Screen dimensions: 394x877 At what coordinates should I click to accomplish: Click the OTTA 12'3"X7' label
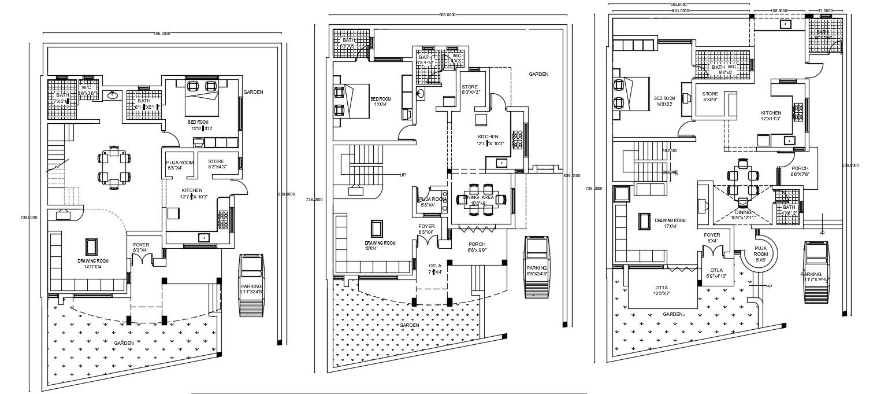click(x=662, y=290)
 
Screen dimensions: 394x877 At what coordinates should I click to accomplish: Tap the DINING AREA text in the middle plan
click(x=478, y=200)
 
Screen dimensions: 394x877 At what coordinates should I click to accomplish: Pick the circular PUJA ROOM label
click(x=761, y=253)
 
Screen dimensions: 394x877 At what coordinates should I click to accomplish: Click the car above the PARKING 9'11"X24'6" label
click(x=251, y=268)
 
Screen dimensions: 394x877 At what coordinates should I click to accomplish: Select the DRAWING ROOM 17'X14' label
click(x=670, y=223)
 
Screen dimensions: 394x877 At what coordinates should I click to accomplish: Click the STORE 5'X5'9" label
click(x=710, y=97)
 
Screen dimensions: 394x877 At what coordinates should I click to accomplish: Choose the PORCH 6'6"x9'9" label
click(x=477, y=247)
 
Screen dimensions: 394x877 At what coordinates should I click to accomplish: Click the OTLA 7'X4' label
click(x=434, y=268)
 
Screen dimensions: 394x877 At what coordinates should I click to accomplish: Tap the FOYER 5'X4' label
click(x=712, y=237)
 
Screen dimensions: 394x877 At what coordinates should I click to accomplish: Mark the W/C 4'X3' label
click(x=456, y=58)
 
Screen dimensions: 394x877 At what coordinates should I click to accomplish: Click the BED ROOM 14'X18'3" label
click(x=664, y=101)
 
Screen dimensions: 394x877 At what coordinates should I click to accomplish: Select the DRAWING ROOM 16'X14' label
click(x=380, y=245)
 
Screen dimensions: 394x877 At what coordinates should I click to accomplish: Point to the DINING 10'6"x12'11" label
click(x=743, y=215)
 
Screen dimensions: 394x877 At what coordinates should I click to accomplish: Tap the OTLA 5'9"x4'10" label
click(x=716, y=273)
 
